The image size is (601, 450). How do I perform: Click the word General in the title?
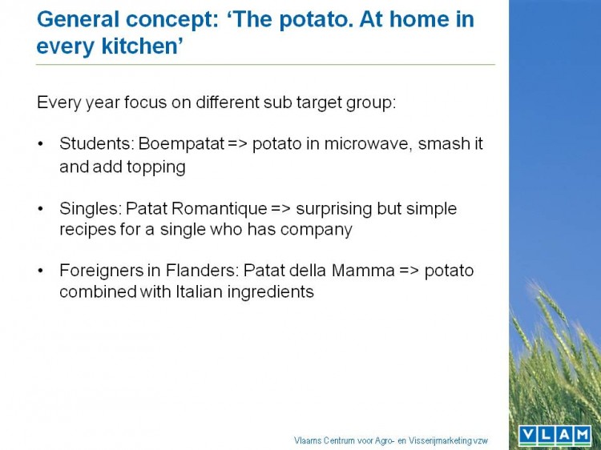pyautogui.click(x=78, y=19)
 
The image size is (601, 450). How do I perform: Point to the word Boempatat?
pyautogui.click(x=181, y=145)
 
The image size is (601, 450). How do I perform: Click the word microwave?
pyautogui.click(x=368, y=144)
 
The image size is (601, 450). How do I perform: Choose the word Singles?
pyautogui.click(x=90, y=209)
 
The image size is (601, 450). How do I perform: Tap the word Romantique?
pyautogui.click(x=220, y=209)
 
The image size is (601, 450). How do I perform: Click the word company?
pyautogui.click(x=317, y=231)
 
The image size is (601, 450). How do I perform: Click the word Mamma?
pyautogui.click(x=363, y=271)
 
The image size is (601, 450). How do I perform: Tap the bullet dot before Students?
pyautogui.click(x=40, y=144)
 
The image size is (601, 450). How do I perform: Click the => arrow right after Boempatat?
pyautogui.click(x=238, y=144)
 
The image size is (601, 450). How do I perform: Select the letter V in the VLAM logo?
pyautogui.click(x=529, y=435)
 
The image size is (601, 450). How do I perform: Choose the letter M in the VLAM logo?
pyautogui.click(x=582, y=435)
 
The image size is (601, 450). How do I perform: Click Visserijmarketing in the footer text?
pyautogui.click(x=440, y=441)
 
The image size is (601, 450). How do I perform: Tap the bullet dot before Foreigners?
pyautogui.click(x=40, y=271)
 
